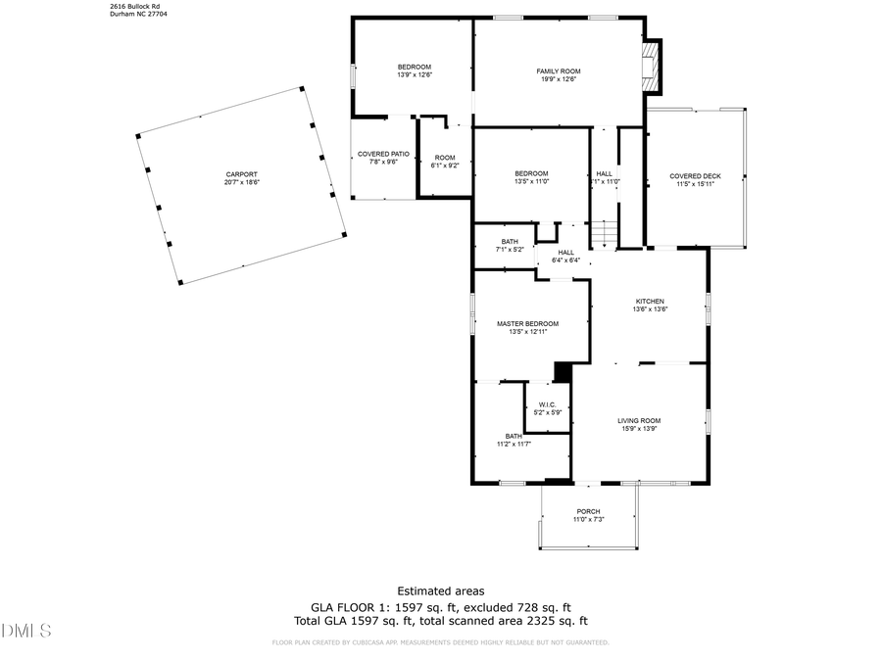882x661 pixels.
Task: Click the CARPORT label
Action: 241,174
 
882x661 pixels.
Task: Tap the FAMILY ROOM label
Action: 559,71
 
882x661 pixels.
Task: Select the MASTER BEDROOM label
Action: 527,324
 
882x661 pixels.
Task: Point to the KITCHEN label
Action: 650,302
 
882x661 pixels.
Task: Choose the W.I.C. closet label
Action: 547,404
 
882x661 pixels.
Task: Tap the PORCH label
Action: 588,511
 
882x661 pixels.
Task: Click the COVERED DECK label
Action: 695,176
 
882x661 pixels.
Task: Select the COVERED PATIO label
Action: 383,154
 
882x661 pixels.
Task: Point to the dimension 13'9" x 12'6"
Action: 415,74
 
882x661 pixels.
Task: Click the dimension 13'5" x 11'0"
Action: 531,181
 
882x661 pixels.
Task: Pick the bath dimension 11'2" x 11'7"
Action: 514,445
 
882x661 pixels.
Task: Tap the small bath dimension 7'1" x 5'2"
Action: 510,250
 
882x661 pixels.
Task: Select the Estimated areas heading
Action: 440,590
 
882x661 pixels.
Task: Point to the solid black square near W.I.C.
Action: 563,372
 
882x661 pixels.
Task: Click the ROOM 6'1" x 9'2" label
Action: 445,162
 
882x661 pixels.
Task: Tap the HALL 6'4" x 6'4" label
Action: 566,257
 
